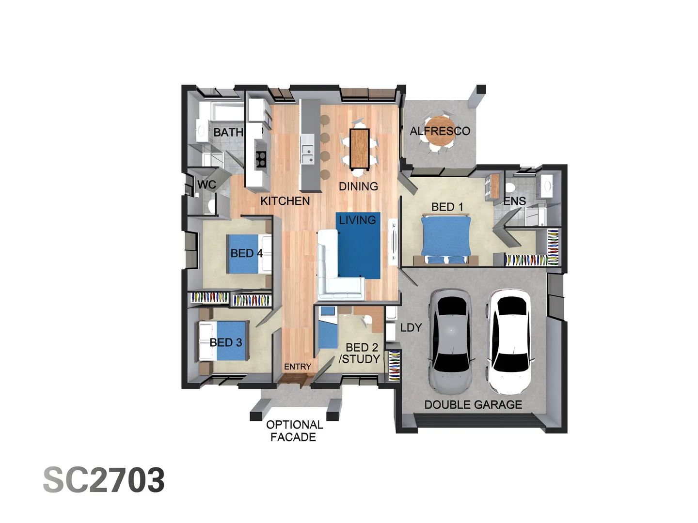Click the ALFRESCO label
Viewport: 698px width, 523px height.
(x=440, y=131)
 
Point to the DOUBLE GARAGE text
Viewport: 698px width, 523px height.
(x=473, y=405)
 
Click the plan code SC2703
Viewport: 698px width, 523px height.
(x=104, y=480)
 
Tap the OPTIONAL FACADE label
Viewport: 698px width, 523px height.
(x=294, y=431)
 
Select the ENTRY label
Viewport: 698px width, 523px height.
(x=298, y=367)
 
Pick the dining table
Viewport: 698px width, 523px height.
(x=360, y=145)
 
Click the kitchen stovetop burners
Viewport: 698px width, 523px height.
(x=261, y=159)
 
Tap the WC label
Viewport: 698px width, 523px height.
(x=206, y=185)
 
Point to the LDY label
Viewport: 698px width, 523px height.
(x=411, y=328)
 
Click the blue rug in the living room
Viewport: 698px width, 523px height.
(x=359, y=246)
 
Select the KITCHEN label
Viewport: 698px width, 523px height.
(x=285, y=201)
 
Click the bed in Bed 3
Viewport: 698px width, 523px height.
(x=225, y=341)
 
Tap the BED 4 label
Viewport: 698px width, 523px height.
(x=246, y=253)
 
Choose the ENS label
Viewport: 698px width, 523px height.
(x=515, y=201)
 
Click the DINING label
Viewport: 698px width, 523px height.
(x=358, y=186)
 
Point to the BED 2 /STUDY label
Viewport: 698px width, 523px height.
(x=360, y=354)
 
